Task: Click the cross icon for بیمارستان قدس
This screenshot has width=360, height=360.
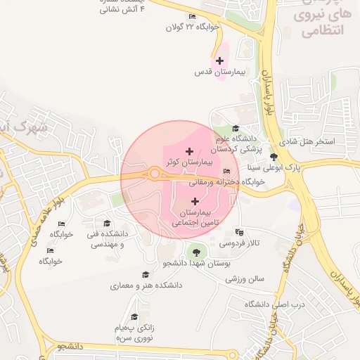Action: point(221,61)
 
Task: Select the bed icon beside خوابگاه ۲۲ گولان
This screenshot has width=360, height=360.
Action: point(193,17)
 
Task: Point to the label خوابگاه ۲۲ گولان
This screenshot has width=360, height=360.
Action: point(193,27)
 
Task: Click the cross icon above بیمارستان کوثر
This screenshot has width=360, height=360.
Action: point(189,151)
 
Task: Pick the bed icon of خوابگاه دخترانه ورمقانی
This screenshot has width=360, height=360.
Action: point(226,172)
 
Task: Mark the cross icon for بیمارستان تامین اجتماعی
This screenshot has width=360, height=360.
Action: point(195,202)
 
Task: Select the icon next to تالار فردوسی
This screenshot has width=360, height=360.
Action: point(240,231)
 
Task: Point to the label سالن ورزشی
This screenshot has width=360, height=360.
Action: point(245,279)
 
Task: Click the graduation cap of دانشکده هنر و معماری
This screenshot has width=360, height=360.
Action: point(146,275)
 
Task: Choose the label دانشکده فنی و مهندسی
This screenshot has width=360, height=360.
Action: point(105,238)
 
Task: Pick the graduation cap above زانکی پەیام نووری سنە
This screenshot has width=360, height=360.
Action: point(133,317)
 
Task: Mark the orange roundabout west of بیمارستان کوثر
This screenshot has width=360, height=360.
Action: point(155,173)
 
